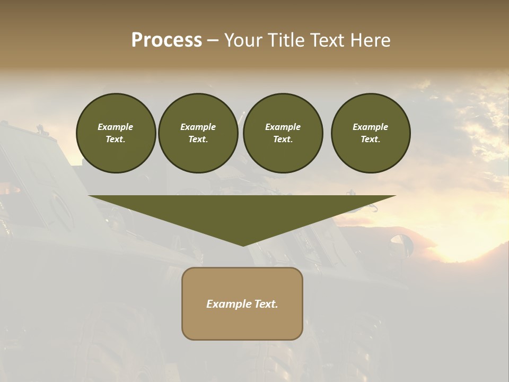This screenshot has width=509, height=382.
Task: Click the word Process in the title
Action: pos(166,40)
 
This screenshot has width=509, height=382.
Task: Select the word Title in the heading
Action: pos(287,40)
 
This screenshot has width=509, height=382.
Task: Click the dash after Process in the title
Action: pos(213,41)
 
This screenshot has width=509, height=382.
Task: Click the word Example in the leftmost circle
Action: pos(116,127)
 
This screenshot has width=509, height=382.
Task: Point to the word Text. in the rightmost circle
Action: pos(371,139)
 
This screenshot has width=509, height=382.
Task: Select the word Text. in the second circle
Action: pos(198,139)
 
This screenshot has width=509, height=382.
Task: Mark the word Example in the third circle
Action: pos(283,127)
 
